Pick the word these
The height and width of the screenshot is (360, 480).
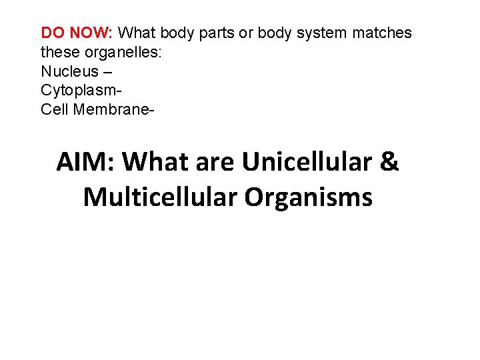point(59,52)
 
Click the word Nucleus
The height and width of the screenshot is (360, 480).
point(69,71)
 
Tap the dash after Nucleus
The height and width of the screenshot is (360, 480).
point(108,71)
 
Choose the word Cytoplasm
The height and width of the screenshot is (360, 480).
point(79,90)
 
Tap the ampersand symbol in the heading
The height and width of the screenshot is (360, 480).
point(389,162)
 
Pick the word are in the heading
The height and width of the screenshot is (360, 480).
point(213,162)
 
